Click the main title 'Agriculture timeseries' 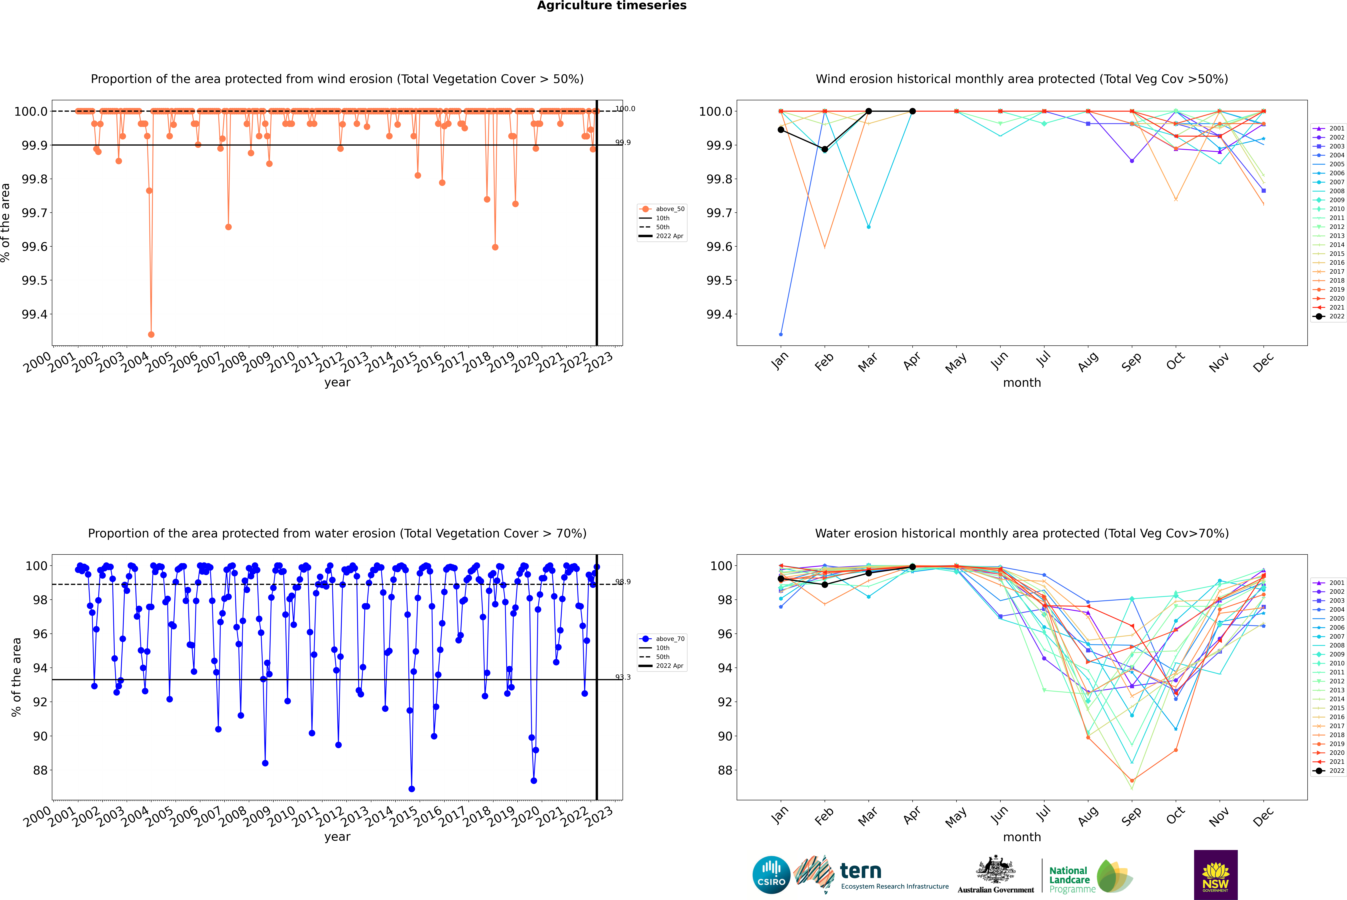pyautogui.click(x=611, y=6)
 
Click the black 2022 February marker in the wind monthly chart pyautogui.click(x=824, y=149)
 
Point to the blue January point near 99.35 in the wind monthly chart pyautogui.click(x=781, y=334)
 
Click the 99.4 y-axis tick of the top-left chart pyautogui.click(x=34, y=315)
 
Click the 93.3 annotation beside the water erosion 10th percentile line pyautogui.click(x=623, y=677)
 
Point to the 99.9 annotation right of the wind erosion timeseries pyautogui.click(x=623, y=142)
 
